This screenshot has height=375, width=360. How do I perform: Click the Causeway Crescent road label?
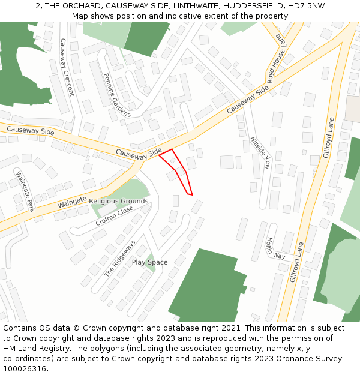[66, 67]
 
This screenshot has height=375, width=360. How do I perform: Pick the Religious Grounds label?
[119, 201]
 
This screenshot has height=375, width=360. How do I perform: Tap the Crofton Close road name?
[114, 216]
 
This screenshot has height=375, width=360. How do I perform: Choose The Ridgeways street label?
[121, 259]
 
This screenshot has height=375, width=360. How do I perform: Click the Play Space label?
[149, 262]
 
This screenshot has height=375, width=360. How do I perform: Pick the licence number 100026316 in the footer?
[25, 369]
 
